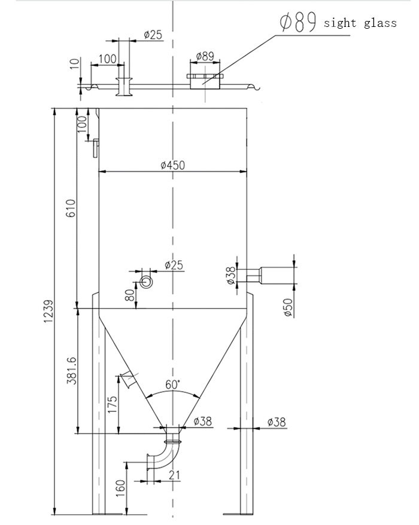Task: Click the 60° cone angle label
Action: [172, 384]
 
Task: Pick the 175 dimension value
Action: [112, 404]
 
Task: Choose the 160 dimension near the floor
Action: [120, 488]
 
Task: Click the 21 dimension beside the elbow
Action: [174, 475]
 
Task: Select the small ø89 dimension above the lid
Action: [205, 56]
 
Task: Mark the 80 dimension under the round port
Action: [130, 295]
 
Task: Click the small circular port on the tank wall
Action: [146, 280]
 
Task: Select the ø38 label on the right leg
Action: [276, 422]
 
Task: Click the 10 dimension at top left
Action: [74, 64]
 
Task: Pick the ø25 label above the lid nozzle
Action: [153, 35]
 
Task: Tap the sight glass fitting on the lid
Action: [204, 80]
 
